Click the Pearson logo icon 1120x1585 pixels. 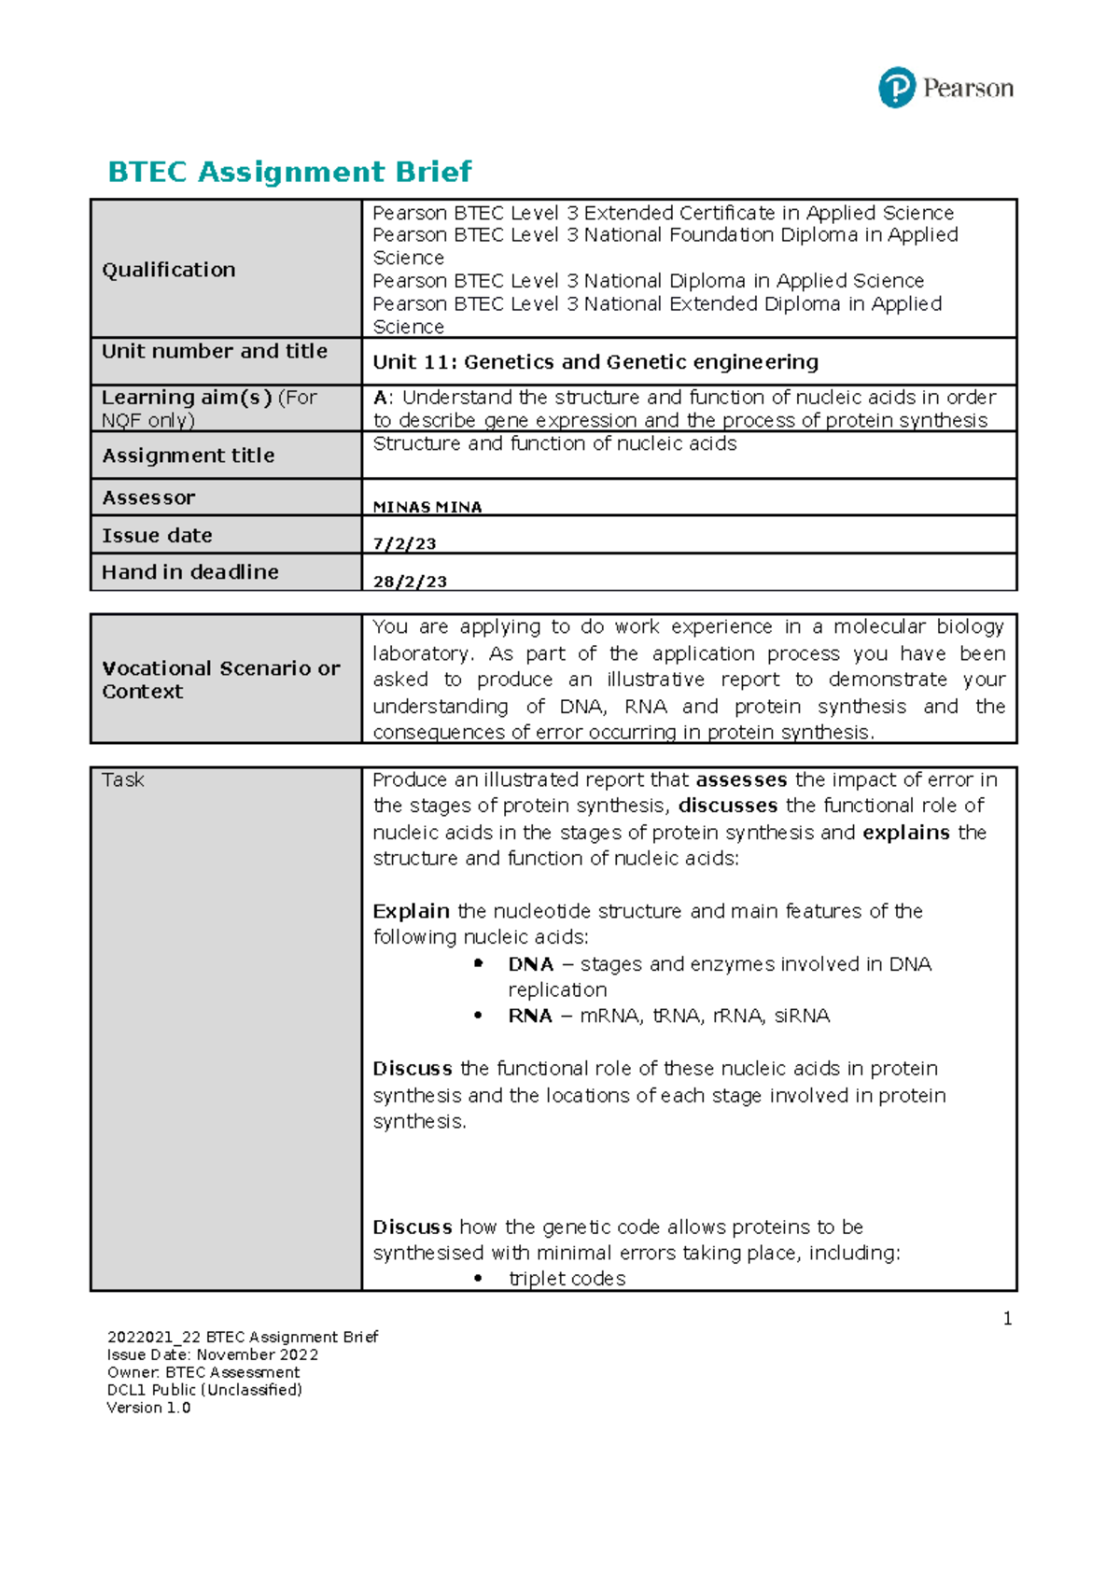(896, 88)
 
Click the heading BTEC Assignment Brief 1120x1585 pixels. (289, 172)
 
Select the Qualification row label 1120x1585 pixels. (169, 270)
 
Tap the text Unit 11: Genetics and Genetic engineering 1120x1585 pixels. (595, 362)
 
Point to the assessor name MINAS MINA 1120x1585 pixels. (427, 507)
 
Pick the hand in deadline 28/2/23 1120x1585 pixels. (410, 582)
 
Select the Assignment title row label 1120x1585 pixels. (188, 456)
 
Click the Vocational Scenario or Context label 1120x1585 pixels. (220, 680)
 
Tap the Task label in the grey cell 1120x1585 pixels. (122, 780)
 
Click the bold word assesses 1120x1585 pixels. (741, 779)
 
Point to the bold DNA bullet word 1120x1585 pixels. (531, 964)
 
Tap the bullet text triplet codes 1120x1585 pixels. (567, 1279)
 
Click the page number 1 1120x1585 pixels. (1007, 1319)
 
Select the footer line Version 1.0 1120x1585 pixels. (148, 1408)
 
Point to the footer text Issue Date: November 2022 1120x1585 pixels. (213, 1354)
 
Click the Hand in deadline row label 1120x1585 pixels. (189, 572)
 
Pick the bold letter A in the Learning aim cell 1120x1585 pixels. (379, 398)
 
